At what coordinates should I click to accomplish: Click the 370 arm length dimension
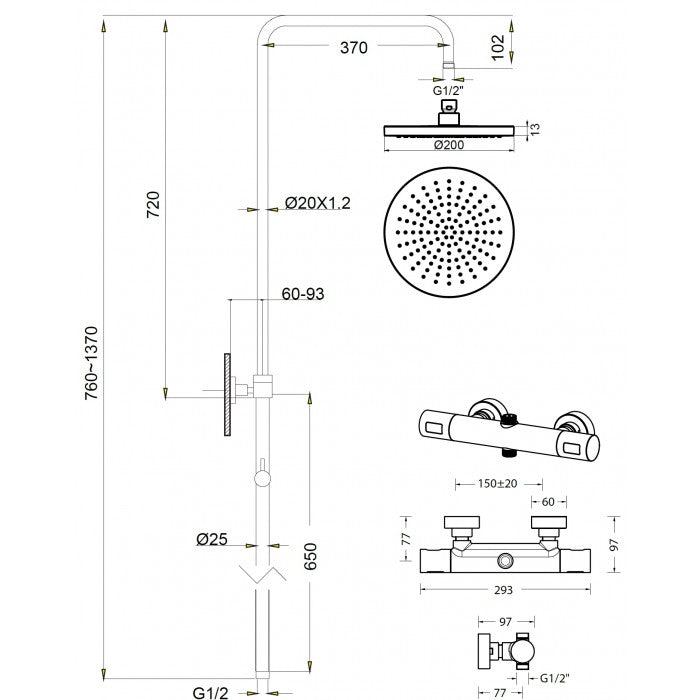pos(353,47)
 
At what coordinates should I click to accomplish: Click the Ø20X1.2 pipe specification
pos(318,203)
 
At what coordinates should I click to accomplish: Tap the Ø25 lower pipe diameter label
pos(213,540)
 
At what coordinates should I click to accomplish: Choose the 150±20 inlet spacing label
pos(487,485)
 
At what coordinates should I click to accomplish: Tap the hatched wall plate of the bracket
pos(228,393)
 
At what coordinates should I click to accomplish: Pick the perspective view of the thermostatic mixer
pos(507,427)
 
